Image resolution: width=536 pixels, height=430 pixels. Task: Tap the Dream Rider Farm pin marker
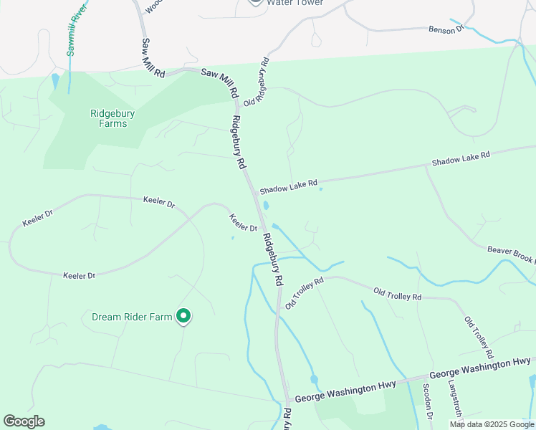(183, 315)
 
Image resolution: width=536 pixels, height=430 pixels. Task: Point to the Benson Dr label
(446, 29)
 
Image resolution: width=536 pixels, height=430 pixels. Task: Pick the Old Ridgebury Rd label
(257, 82)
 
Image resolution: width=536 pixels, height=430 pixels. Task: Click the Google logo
(24, 421)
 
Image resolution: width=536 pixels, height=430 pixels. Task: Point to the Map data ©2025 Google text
(492, 424)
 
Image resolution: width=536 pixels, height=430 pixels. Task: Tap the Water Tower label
(295, 3)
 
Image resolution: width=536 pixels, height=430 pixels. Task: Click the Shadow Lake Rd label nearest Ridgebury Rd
(288, 186)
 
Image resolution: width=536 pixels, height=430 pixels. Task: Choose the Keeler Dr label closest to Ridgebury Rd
(244, 223)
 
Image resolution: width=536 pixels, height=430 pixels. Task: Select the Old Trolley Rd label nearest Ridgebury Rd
(305, 293)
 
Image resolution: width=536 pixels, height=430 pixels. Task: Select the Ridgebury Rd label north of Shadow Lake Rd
(238, 142)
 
